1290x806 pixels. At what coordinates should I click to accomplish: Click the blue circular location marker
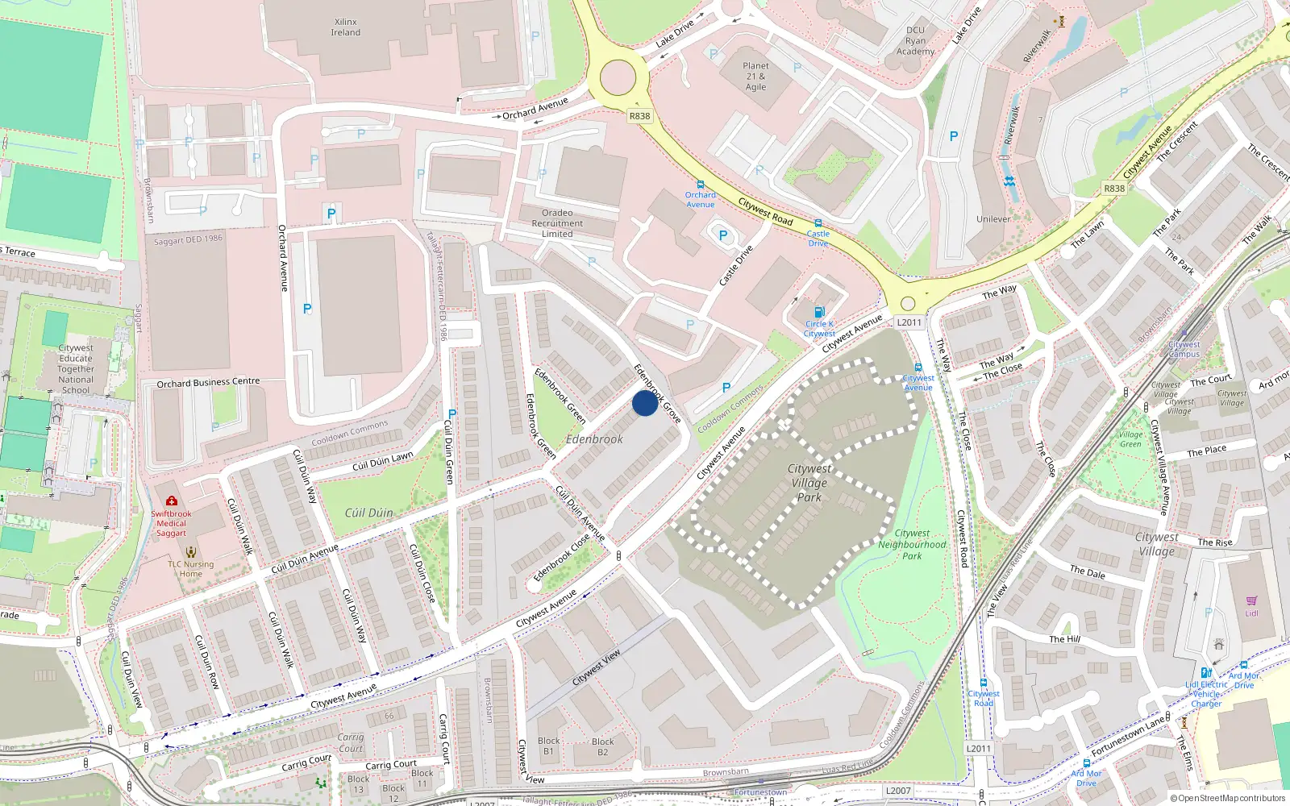click(644, 403)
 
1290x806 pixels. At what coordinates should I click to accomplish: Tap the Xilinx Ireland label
click(345, 27)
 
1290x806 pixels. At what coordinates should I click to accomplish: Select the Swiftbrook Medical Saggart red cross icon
click(171, 501)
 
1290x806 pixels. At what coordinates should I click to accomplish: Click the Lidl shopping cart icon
click(1251, 600)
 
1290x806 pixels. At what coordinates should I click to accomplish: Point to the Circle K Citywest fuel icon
click(819, 313)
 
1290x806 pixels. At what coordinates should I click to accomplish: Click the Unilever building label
click(993, 219)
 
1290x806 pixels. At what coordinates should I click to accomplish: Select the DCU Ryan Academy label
click(915, 41)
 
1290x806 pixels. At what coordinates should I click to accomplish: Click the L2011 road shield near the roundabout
click(909, 322)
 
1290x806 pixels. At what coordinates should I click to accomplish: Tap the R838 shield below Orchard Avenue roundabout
click(639, 116)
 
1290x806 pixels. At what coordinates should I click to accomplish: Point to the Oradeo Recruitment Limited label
click(557, 223)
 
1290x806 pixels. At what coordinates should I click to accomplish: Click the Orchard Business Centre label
click(208, 382)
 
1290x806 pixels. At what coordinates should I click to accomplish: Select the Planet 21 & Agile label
click(755, 77)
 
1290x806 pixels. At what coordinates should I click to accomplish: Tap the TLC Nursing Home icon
click(190, 552)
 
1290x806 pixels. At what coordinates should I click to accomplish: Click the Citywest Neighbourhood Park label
click(912, 544)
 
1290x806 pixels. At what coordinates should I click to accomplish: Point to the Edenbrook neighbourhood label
click(594, 439)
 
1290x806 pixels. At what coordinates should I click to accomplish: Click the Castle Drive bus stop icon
click(818, 223)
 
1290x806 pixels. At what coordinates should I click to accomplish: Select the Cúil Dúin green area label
click(368, 513)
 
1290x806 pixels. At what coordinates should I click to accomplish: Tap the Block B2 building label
click(602, 746)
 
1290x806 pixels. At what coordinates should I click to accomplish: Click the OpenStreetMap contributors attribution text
click(1227, 798)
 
